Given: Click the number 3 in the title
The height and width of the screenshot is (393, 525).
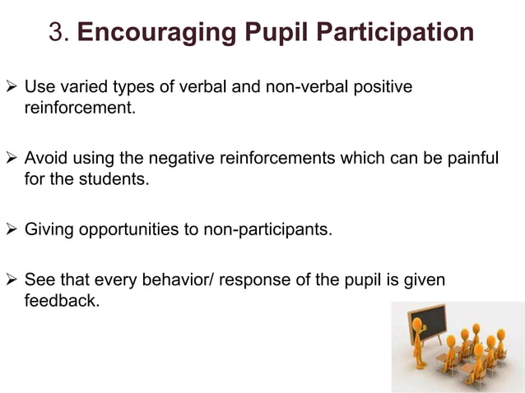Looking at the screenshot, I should [x=57, y=33].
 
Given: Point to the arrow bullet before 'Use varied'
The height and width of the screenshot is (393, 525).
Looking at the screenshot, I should [x=12, y=87].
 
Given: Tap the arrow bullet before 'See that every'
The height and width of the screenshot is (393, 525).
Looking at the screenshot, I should [x=12, y=280].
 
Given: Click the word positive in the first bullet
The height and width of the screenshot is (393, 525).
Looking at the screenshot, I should [x=384, y=87].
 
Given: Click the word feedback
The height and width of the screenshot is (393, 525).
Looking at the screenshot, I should [x=61, y=301].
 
